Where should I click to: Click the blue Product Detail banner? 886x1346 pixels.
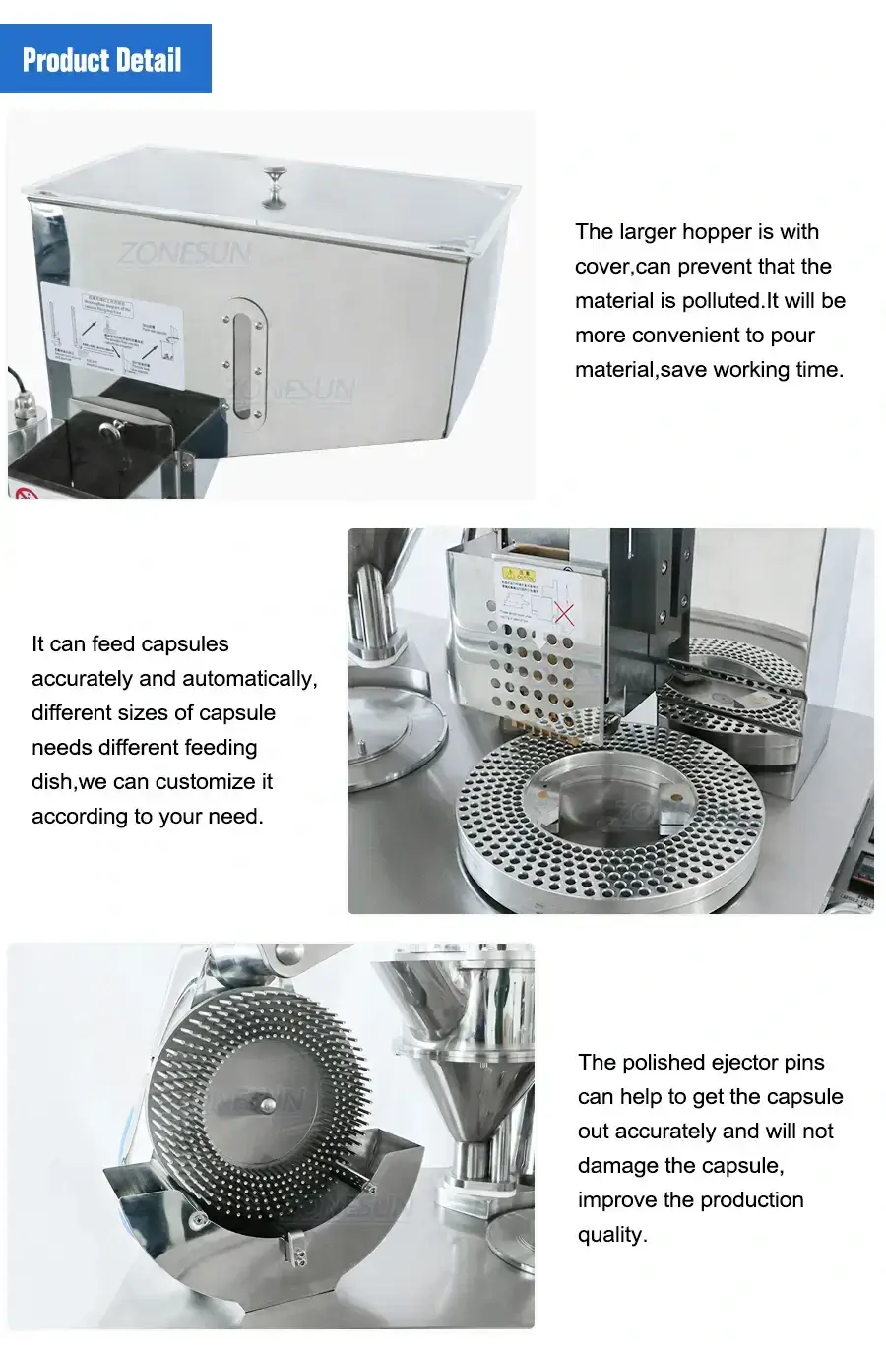[105, 59]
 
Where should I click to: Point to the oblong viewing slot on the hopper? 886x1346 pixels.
[243, 364]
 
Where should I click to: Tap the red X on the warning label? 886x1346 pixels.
[564, 613]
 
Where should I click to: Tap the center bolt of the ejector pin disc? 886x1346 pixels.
[268, 1105]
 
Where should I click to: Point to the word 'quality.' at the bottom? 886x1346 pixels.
[612, 1235]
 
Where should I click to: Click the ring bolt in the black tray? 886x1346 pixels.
[109, 428]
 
